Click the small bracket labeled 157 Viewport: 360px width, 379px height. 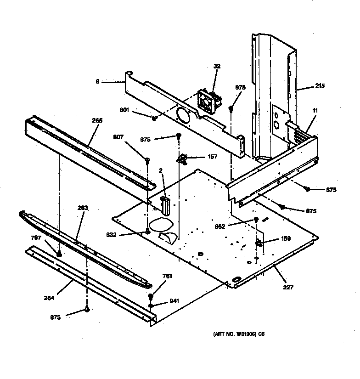(183, 159)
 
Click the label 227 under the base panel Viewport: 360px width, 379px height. (288, 288)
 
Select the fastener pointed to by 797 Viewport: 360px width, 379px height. (59, 253)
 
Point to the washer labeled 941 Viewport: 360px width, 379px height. (151, 304)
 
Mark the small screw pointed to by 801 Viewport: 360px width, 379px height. (154, 118)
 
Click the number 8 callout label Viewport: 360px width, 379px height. (97, 82)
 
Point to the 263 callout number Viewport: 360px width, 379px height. (83, 208)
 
